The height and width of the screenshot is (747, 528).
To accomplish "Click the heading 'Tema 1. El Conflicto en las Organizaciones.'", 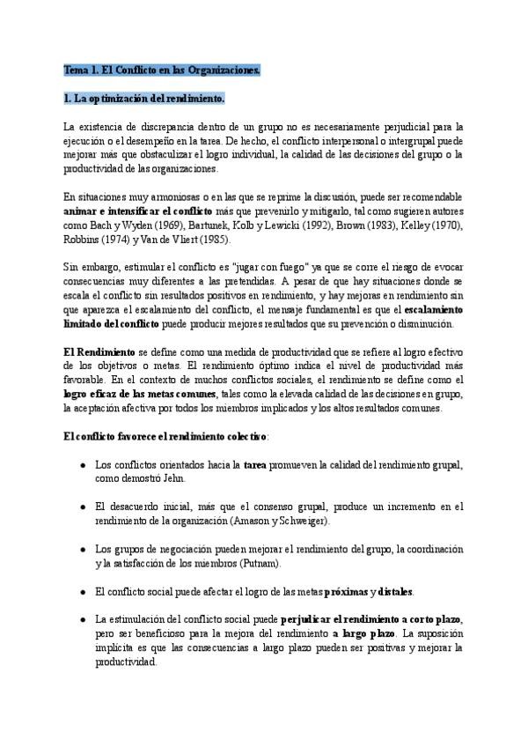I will coord(162,70).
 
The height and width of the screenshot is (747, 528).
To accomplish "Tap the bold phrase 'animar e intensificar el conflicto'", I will coord(137,212).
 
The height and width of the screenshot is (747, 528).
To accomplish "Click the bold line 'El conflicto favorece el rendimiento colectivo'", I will coord(164,436).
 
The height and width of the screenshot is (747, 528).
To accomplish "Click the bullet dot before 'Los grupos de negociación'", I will coord(82,549).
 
